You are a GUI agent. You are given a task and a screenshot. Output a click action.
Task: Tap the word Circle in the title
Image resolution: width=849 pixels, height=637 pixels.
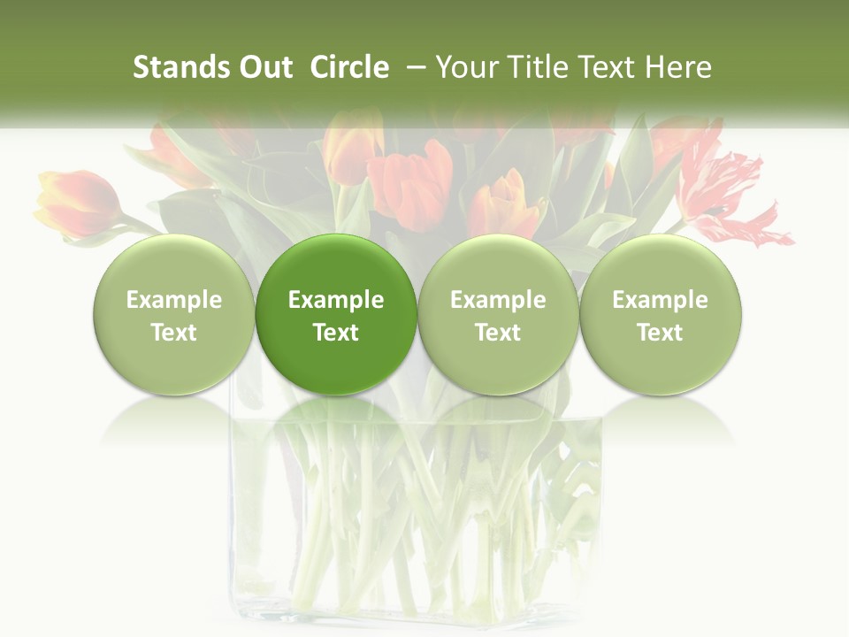(349, 67)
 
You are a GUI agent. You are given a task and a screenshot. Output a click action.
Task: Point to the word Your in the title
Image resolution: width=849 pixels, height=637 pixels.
(467, 67)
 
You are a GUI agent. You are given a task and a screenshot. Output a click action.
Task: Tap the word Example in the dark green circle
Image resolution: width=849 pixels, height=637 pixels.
(336, 300)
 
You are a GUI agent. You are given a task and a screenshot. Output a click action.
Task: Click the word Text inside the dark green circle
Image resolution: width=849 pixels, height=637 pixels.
(336, 333)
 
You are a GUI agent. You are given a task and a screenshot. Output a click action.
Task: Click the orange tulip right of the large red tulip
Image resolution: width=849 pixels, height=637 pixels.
(507, 205)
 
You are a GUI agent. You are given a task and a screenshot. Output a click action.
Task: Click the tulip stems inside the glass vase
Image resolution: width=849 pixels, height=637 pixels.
(416, 522)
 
